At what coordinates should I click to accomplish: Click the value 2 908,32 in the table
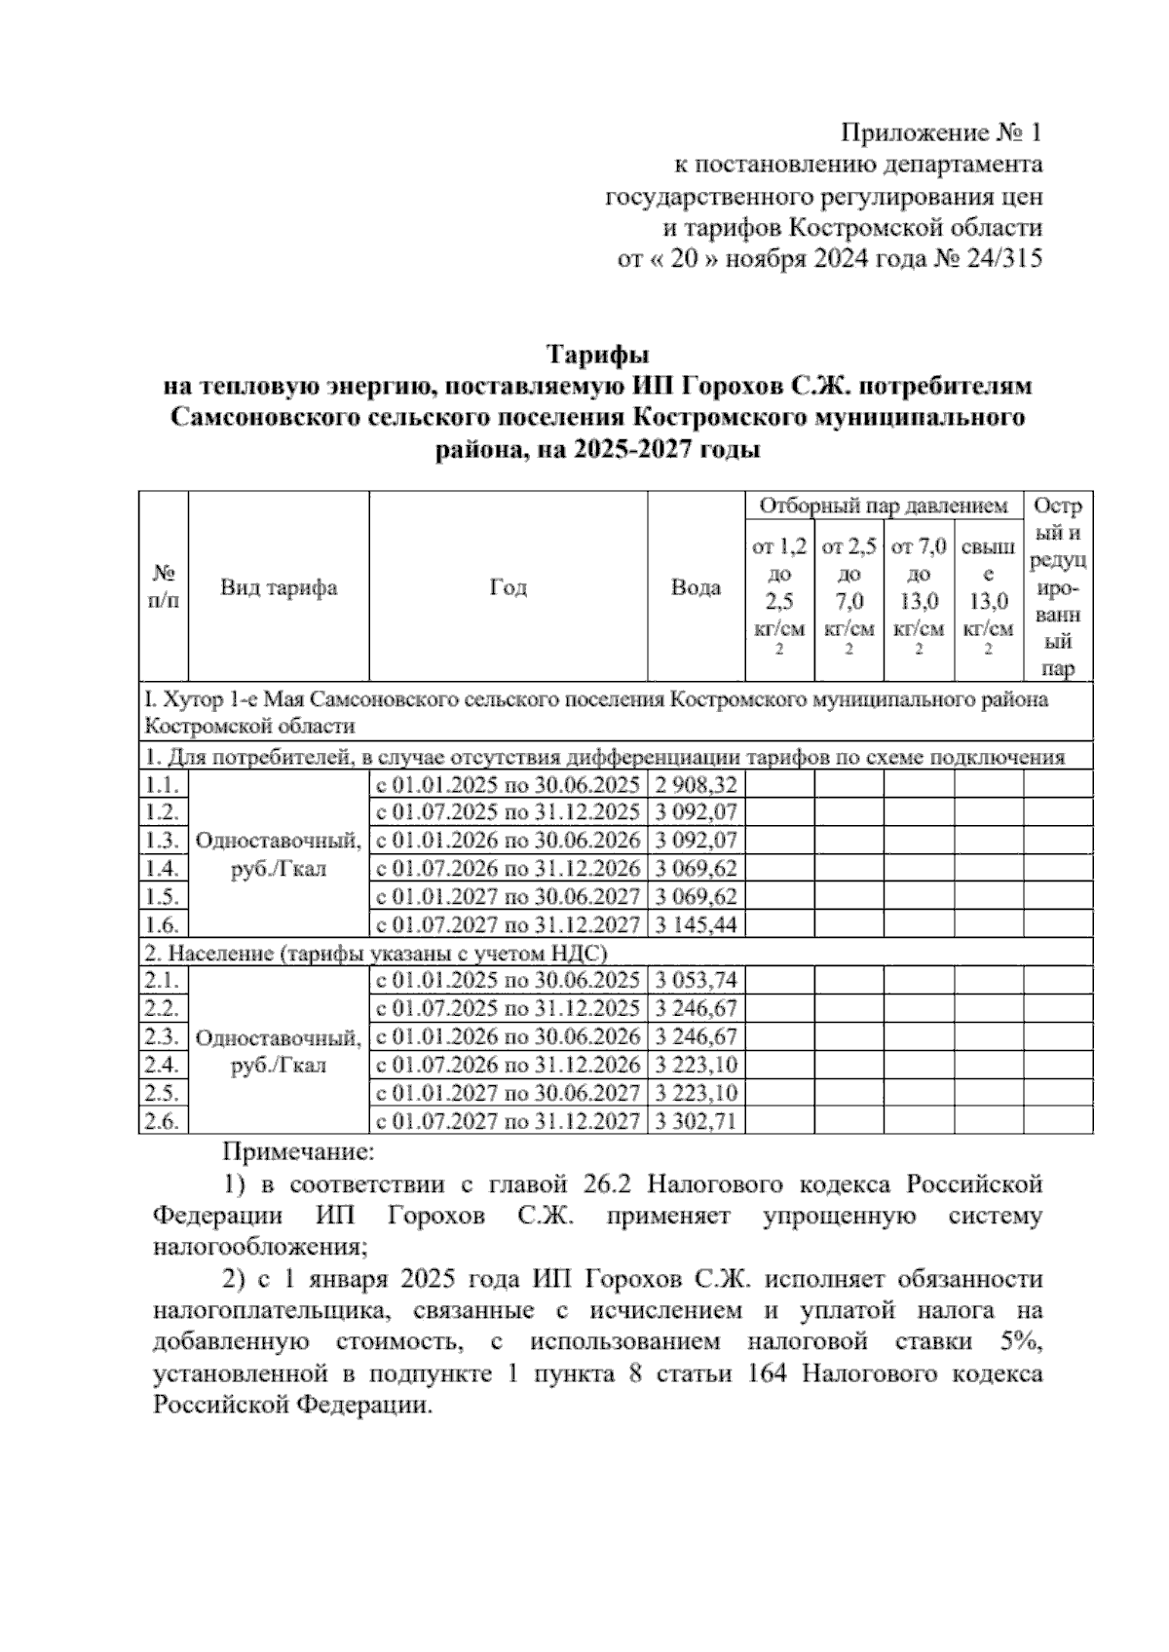(697, 785)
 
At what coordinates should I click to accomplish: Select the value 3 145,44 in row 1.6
(697, 924)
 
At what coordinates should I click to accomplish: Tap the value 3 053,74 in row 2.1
(697, 981)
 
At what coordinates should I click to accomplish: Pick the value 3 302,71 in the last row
(697, 1121)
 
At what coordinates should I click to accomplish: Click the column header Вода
(697, 587)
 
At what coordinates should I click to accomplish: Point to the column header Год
(508, 587)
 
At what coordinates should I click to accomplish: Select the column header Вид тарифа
(279, 587)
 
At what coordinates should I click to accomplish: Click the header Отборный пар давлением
(884, 506)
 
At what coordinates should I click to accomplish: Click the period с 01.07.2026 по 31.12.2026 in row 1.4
(508, 868)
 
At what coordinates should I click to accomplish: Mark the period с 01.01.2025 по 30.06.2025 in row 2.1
(508, 981)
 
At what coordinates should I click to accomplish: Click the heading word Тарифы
(596, 352)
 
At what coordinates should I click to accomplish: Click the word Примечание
(299, 1152)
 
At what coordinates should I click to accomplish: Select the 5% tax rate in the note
(1020, 1341)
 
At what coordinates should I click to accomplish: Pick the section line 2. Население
(376, 953)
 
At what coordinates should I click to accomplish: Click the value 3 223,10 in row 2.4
(697, 1065)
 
